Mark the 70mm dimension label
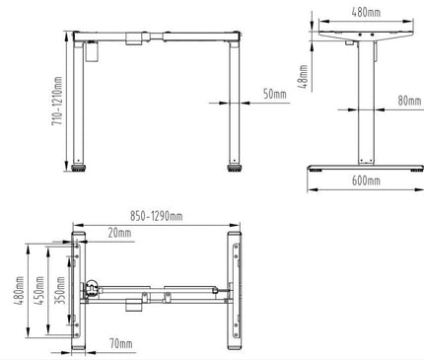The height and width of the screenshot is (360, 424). [121, 345]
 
